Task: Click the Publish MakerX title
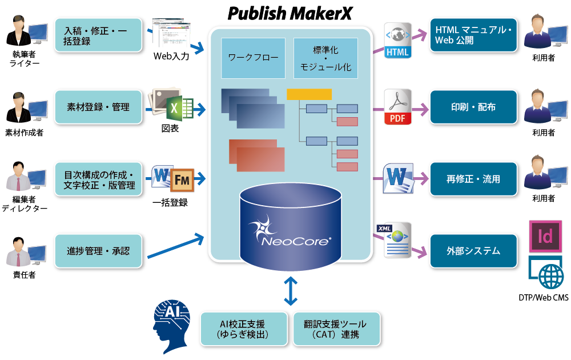click(289, 13)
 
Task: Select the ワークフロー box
click(253, 58)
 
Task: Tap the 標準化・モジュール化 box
click(325, 58)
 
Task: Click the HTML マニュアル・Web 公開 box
click(473, 35)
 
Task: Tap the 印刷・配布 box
click(473, 107)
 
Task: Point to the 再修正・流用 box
click(473, 179)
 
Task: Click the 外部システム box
click(473, 251)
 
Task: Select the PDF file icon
click(397, 107)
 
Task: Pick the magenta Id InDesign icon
click(546, 236)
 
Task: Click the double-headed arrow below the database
click(291, 291)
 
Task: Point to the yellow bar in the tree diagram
click(309, 94)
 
